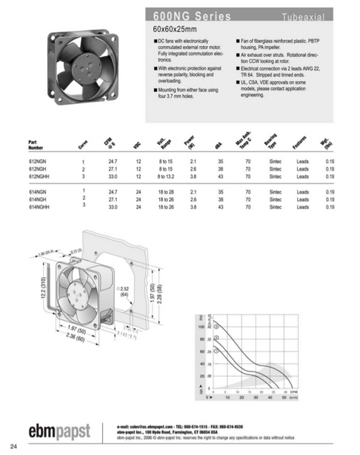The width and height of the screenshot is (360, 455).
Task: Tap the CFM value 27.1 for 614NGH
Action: [x=113, y=199]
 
